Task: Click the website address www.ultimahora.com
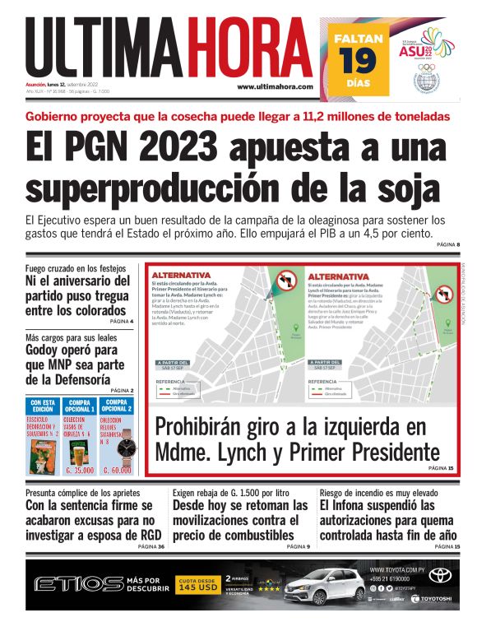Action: coord(275,86)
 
